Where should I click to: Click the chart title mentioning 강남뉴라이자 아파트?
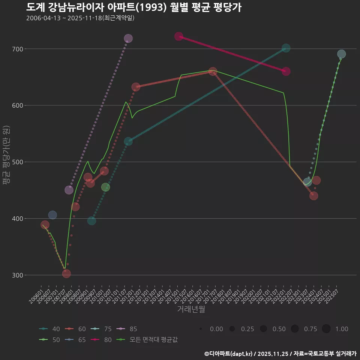click(x=133, y=7)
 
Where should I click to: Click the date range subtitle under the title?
click(x=80, y=18)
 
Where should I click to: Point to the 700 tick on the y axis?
click(x=18, y=49)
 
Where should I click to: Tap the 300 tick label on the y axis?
click(x=18, y=275)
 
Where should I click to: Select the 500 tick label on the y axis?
click(x=18, y=162)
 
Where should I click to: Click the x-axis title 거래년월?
click(x=191, y=309)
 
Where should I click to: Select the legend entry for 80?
click(x=103, y=340)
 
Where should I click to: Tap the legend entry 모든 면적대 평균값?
click(x=148, y=340)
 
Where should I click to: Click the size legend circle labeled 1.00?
click(x=326, y=329)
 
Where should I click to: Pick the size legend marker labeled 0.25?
click(x=232, y=329)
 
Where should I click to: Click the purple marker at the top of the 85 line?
click(x=128, y=38)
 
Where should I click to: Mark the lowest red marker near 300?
click(x=66, y=274)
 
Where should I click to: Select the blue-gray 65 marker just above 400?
click(x=52, y=215)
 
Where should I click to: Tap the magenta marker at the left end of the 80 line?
click(x=178, y=36)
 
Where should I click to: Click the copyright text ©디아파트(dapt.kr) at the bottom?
click(x=229, y=354)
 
